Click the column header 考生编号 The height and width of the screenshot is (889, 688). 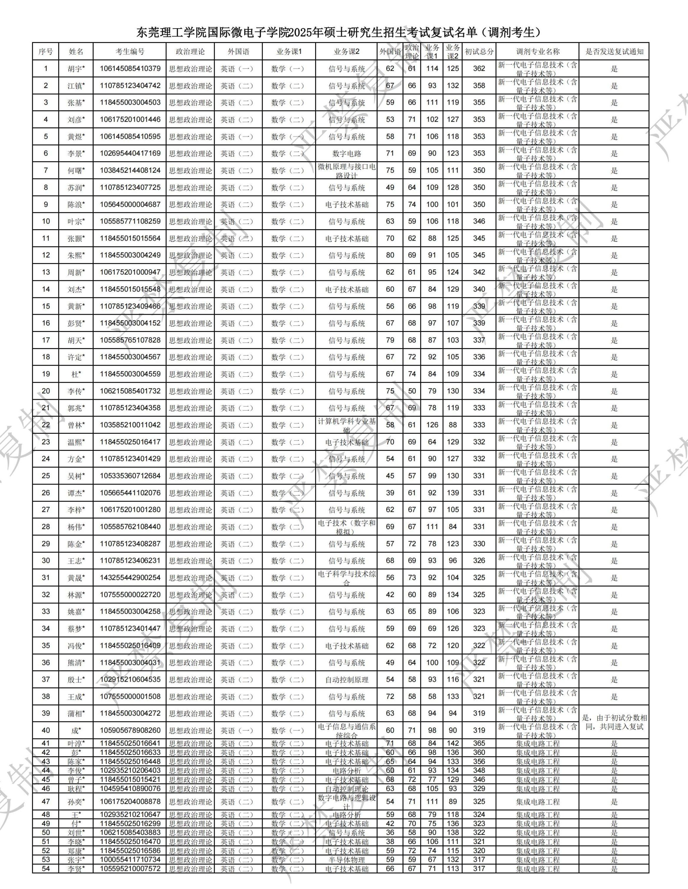tap(129, 52)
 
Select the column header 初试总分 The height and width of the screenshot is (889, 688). tap(479, 52)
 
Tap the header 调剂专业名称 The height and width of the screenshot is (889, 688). tap(538, 52)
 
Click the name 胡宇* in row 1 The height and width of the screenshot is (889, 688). tap(76, 69)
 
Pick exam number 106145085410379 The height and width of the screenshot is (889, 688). tap(130, 69)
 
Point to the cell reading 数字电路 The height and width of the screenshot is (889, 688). tap(346, 154)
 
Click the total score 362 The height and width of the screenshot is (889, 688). tap(479, 69)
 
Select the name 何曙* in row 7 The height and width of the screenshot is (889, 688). tap(76, 171)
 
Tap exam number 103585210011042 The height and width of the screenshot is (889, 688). tap(130, 425)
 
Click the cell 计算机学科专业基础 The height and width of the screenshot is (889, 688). tap(346, 425)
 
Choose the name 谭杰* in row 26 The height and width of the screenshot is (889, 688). tap(76, 493)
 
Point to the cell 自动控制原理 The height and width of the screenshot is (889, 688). tap(346, 680)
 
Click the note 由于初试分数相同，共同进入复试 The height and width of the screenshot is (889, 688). tap(614, 722)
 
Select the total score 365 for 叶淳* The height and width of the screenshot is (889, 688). tap(479, 744)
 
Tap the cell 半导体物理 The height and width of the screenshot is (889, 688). tap(346, 860)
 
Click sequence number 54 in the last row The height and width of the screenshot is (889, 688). tap(46, 869)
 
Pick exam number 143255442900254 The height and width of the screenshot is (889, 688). tap(130, 578)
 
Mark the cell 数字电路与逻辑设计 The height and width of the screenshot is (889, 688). tap(346, 802)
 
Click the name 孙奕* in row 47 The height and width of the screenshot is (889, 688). tap(76, 802)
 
